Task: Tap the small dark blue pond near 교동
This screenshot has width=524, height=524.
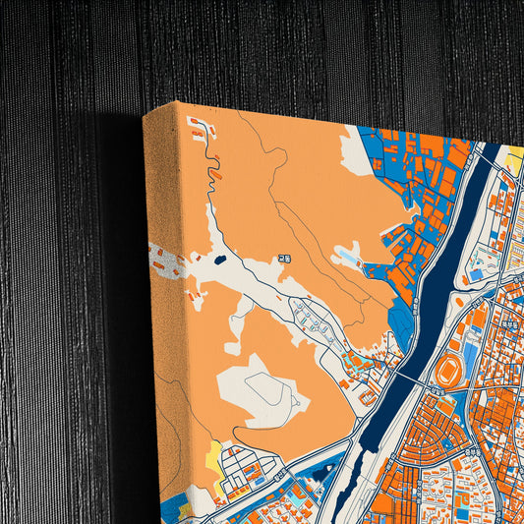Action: tap(219, 261)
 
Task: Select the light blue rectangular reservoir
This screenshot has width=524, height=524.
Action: tap(349, 259)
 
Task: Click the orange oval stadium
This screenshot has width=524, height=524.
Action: tap(449, 371)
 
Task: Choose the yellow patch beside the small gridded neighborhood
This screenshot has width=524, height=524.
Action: tap(211, 454)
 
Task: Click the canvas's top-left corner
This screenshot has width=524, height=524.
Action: tap(146, 115)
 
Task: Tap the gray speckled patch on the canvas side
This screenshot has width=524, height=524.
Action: tap(167, 263)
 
